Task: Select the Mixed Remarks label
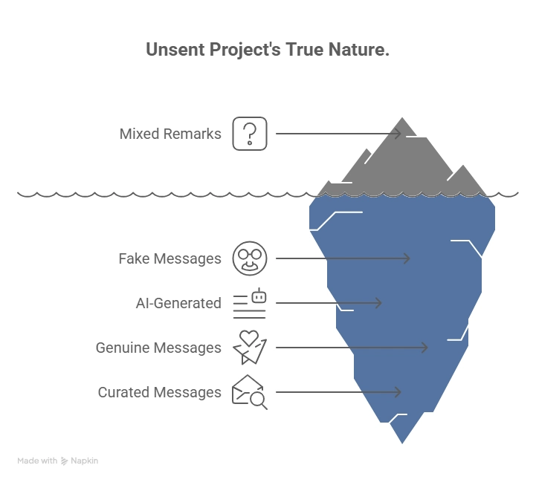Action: pos(170,134)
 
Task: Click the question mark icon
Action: pos(250,134)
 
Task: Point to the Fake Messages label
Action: pos(169,259)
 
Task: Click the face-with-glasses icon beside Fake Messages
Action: pos(250,258)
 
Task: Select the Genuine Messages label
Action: pos(158,348)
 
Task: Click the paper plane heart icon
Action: pos(250,347)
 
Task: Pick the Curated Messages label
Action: pos(159,392)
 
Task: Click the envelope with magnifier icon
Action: pos(250,392)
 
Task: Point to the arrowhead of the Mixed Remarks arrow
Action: pos(398,134)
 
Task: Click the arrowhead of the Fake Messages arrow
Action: pos(407,258)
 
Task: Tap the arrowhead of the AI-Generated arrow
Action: pos(378,303)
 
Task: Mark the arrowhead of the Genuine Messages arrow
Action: pos(424,348)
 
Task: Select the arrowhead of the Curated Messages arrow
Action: pos(398,392)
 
